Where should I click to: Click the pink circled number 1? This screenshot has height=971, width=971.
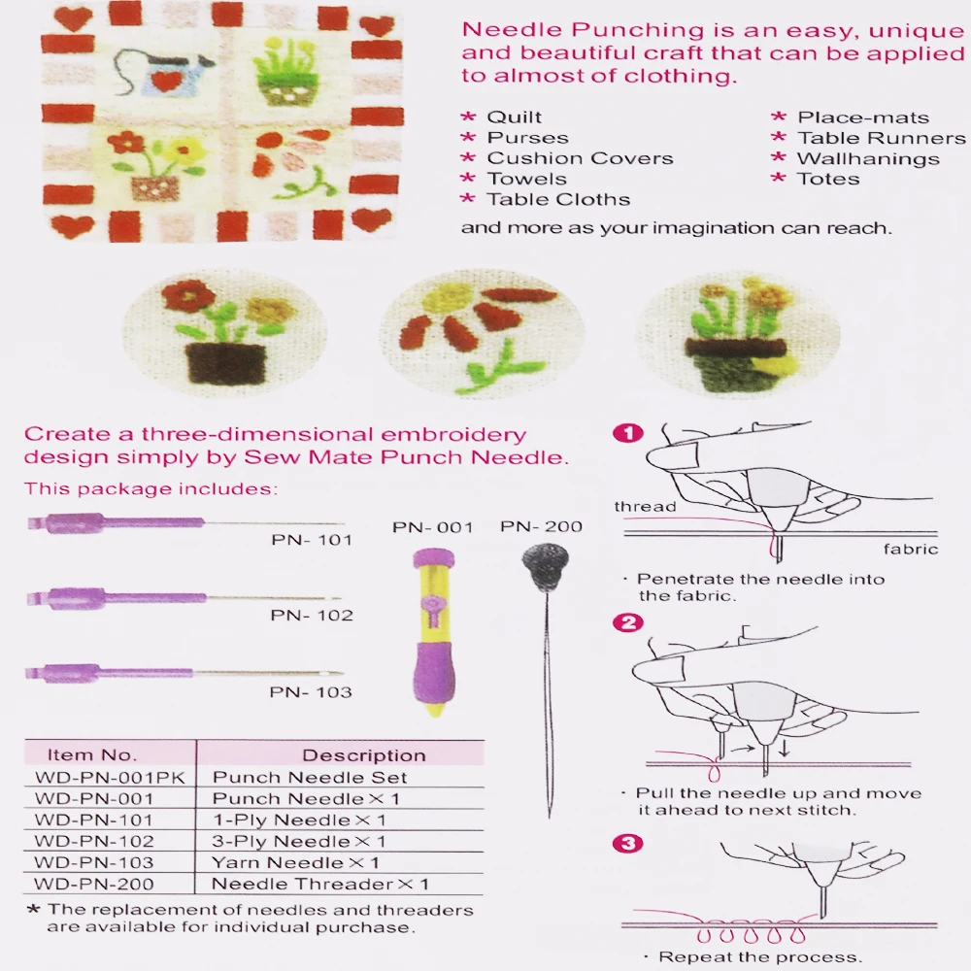(628, 433)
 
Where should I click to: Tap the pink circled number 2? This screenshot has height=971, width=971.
(628, 622)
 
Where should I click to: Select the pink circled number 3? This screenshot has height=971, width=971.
(628, 843)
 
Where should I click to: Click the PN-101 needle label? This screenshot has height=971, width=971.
(312, 540)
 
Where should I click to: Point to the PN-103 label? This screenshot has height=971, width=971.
(311, 691)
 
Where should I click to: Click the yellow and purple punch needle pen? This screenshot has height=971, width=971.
(433, 632)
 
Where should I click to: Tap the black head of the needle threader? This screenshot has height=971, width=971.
(545, 560)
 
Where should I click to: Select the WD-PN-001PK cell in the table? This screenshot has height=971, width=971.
(110, 778)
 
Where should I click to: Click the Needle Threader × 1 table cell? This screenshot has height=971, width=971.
(320, 884)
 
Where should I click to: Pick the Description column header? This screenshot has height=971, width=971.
(364, 754)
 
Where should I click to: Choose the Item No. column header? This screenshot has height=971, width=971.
(92, 754)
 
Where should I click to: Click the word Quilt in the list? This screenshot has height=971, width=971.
(514, 117)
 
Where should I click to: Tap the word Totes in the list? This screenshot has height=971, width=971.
(828, 179)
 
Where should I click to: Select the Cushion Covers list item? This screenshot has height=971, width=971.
(581, 158)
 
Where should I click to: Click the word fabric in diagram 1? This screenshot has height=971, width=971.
(911, 549)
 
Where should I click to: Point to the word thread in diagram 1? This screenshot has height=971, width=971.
(646, 507)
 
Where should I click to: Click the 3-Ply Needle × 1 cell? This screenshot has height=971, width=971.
(299, 842)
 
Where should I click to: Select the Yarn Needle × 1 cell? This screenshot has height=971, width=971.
(295, 862)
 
